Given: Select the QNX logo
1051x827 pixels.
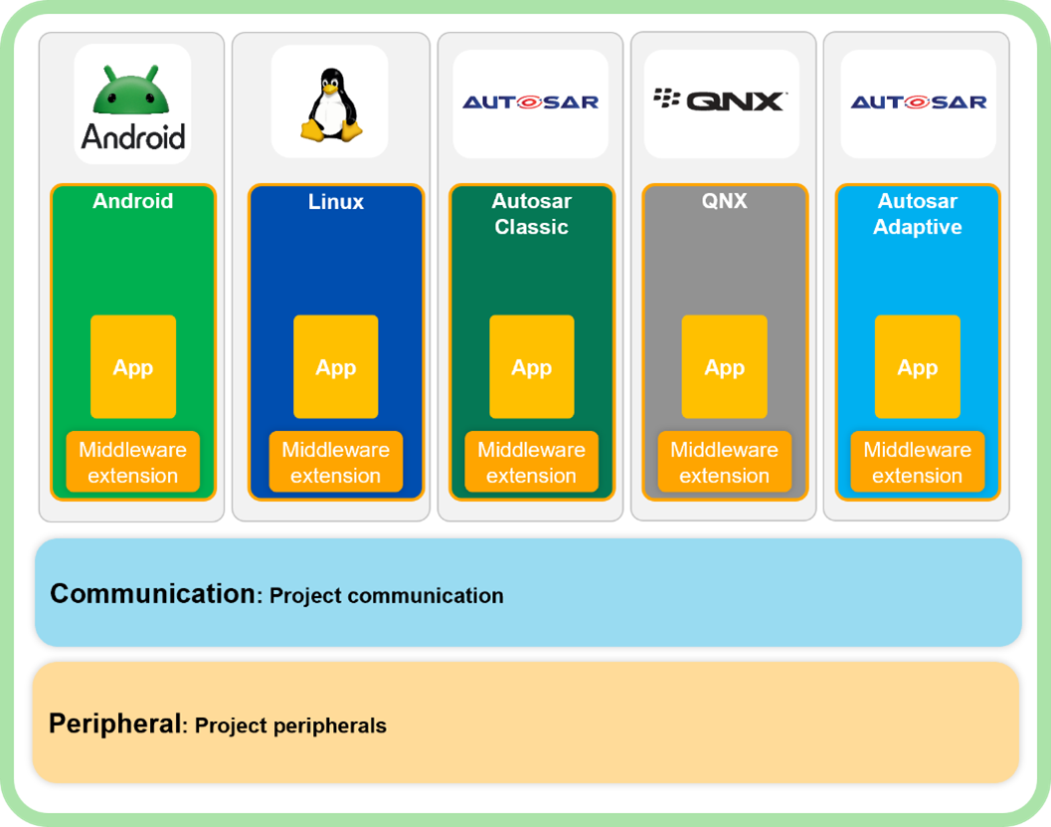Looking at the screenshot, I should (721, 100).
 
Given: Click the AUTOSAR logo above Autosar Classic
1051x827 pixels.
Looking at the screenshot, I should (530, 102).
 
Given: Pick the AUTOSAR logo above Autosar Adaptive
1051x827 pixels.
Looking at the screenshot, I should (918, 102).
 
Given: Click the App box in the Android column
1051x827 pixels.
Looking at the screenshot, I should (133, 367).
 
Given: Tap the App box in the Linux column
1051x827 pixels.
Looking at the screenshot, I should (336, 367).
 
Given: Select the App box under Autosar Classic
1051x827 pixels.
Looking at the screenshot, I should (532, 367).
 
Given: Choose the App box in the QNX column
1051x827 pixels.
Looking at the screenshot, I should (725, 367).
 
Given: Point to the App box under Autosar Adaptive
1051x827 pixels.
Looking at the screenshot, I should (918, 367).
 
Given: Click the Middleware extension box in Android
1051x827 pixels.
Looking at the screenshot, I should (133, 463).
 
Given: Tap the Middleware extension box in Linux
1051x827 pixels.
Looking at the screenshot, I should (336, 463).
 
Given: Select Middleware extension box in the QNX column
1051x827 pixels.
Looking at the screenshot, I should (725, 463).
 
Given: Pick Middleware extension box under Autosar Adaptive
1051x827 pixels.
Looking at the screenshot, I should (918, 463).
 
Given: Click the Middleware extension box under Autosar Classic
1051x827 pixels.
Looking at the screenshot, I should (532, 463).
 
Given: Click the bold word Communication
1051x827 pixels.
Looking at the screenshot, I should (153, 594).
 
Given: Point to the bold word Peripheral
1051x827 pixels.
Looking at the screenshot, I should (115, 724).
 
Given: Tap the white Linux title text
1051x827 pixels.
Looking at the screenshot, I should (336, 201).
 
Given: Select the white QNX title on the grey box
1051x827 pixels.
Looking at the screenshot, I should (725, 201).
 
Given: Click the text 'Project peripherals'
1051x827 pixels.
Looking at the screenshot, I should (290, 725).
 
